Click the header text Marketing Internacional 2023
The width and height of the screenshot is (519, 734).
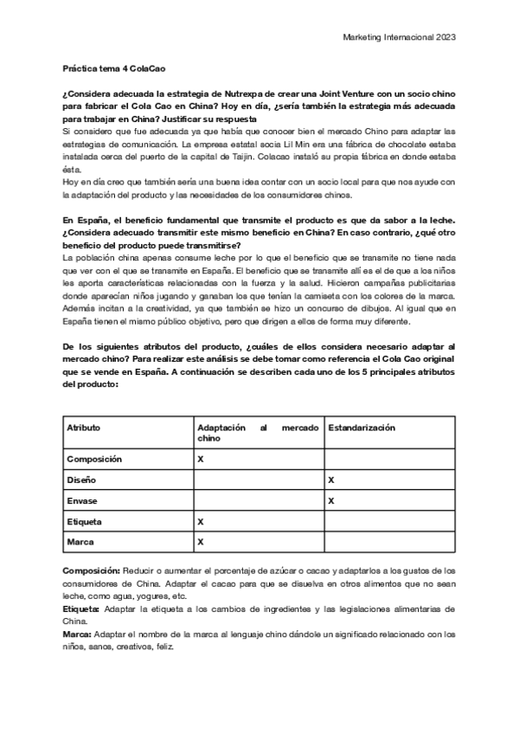[400, 38]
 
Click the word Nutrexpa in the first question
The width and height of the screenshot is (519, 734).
[252, 93]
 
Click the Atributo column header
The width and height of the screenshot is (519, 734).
[84, 428]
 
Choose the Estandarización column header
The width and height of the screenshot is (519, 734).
[362, 428]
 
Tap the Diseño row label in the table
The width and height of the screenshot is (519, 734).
[82, 479]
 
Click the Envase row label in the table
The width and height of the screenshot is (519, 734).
[83, 500]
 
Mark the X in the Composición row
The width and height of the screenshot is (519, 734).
[201, 459]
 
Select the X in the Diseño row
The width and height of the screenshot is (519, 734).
[330, 479]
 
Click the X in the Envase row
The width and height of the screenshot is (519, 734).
[330, 500]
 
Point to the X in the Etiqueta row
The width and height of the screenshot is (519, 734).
[201, 522]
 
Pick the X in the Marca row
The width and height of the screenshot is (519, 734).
[201, 543]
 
